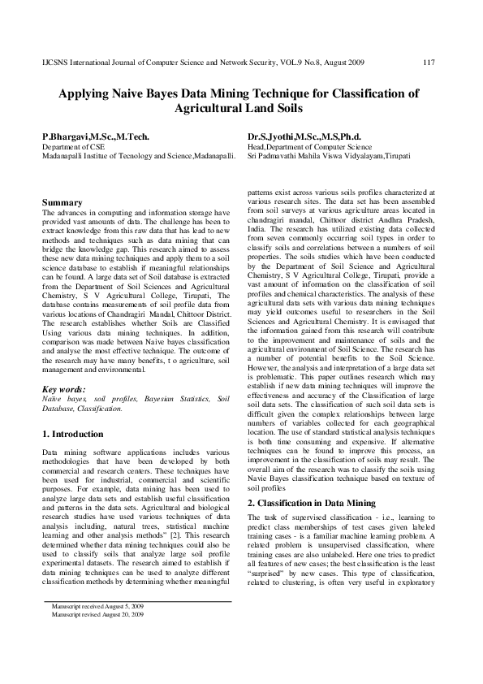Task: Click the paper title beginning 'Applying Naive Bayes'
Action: coord(240,94)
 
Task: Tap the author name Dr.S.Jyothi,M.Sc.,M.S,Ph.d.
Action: coord(304,137)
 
